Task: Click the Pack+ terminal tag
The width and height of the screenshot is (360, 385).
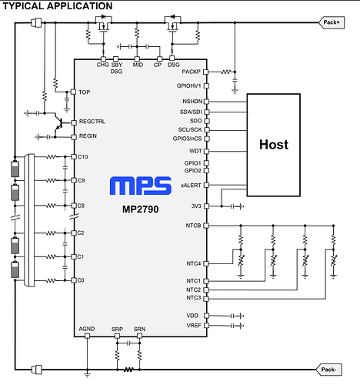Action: tap(332, 22)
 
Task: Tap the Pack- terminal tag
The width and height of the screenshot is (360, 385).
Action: tap(329, 370)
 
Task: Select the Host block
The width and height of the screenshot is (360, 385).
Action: tap(274, 145)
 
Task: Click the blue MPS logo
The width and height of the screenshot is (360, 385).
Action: tap(141, 186)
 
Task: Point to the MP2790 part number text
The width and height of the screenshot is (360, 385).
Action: tap(140, 209)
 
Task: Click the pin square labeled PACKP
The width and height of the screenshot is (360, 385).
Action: tap(205, 72)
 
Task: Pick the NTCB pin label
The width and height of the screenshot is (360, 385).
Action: tap(193, 226)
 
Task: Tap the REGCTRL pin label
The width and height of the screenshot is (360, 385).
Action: tap(92, 122)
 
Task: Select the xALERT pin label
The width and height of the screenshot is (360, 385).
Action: tap(191, 186)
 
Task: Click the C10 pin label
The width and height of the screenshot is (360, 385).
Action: tap(83, 157)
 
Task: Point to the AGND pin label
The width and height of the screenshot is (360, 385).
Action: tap(87, 329)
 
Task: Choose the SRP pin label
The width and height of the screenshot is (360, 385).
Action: tap(117, 329)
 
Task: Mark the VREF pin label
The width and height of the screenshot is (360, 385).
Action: tap(194, 326)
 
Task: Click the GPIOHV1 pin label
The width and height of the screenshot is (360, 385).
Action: tap(189, 85)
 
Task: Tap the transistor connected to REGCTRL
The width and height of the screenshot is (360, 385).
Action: tap(58, 124)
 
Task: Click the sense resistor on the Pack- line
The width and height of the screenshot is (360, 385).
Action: tap(128, 370)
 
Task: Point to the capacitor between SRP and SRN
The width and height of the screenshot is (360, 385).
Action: tap(128, 343)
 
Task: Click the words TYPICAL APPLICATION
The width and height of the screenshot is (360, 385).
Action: tap(58, 6)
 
